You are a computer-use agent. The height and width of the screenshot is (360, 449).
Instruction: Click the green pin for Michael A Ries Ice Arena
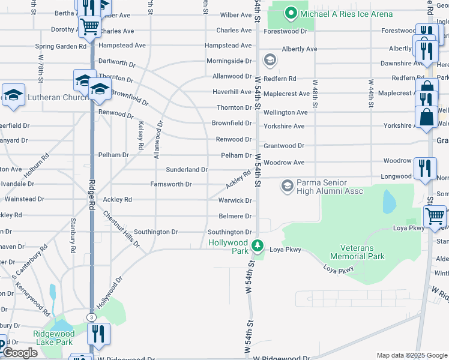[x=291, y=13]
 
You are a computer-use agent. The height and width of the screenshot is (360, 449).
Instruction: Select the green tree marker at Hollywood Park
[x=258, y=245]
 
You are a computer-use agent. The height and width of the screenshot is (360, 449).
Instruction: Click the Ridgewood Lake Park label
[x=53, y=338]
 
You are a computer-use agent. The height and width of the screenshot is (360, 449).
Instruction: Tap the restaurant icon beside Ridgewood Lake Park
[x=98, y=334]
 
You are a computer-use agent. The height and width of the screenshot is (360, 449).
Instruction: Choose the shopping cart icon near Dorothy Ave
[x=89, y=26]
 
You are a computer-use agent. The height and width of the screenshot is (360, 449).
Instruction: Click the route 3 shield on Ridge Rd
[x=91, y=317]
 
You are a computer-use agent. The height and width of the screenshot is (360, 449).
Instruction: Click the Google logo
[x=21, y=353]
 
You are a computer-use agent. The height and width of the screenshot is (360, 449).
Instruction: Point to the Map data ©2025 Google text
[x=412, y=355]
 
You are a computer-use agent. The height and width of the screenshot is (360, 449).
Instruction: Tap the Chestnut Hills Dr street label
[x=121, y=229]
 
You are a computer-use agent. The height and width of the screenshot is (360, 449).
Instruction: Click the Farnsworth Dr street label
[x=171, y=184]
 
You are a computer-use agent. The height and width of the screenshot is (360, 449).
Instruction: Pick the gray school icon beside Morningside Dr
[x=270, y=60]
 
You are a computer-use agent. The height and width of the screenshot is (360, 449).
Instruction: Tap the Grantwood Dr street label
[x=284, y=145]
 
